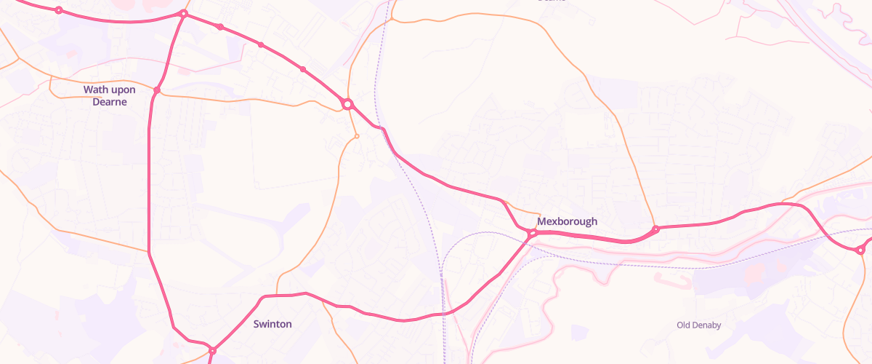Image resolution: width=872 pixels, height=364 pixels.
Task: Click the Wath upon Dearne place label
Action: tap(109, 95)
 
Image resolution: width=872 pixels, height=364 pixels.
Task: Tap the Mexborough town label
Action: tap(567, 221)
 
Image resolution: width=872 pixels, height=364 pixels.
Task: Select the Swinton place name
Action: tap(272, 324)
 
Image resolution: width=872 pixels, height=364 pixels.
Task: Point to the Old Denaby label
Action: tap(698, 325)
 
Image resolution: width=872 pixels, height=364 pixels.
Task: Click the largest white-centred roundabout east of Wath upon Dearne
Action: tap(347, 104)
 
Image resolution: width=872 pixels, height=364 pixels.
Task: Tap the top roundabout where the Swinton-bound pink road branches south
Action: tap(184, 14)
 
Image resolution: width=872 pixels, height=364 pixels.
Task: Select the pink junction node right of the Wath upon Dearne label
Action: tap(157, 90)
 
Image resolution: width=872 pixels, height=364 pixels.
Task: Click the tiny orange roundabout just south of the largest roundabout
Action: tap(357, 135)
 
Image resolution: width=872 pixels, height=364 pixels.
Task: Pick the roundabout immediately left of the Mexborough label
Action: tap(532, 234)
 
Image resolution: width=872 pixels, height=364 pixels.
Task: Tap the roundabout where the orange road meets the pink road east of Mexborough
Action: tap(655, 229)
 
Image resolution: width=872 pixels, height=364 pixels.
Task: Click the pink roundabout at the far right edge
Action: tap(860, 250)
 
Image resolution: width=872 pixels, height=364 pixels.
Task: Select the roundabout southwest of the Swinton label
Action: tap(212, 351)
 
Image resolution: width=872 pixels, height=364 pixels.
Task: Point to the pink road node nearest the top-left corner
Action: tap(59, 10)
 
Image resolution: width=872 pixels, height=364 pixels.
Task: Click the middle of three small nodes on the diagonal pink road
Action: tap(261, 45)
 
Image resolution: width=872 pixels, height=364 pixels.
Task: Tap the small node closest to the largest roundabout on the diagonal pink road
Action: tap(303, 69)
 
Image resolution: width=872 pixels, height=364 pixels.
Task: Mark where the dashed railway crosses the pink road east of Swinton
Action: tap(442, 314)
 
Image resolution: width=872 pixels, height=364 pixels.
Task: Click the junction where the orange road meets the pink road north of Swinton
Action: tap(277, 296)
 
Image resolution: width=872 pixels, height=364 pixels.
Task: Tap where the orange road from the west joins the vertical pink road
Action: tap(149, 252)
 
